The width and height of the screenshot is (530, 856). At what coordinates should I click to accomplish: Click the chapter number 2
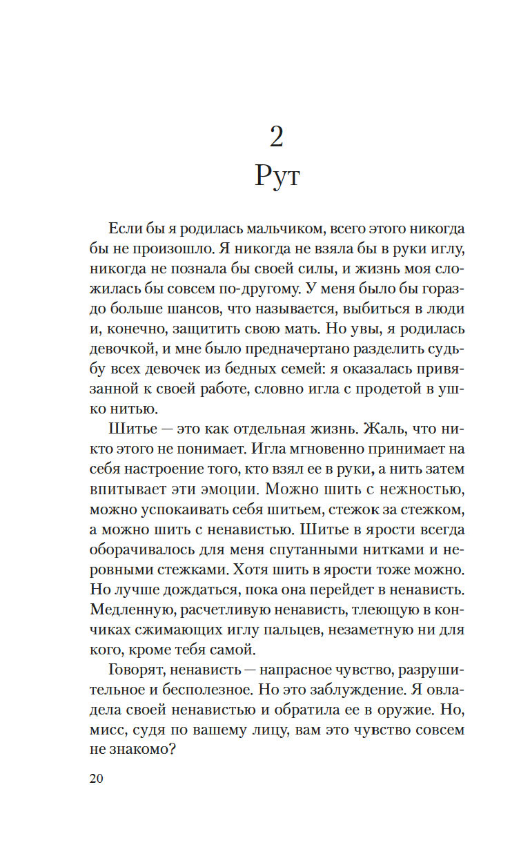tap(276, 137)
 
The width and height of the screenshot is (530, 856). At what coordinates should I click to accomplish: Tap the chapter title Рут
tap(277, 177)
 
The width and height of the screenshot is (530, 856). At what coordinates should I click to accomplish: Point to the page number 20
tap(96, 779)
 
